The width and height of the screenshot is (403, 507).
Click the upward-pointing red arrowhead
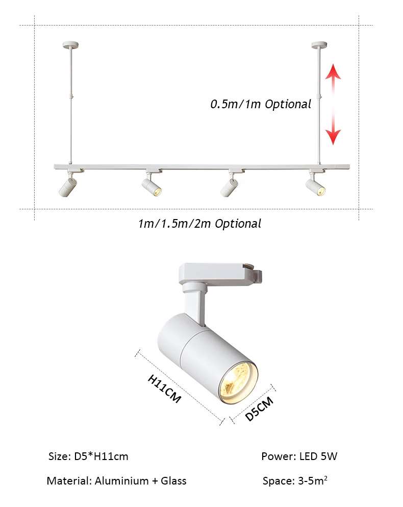333,71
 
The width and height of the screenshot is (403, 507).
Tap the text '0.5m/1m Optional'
261,104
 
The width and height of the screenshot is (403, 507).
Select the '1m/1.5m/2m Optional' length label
199,224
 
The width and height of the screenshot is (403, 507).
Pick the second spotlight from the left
151,185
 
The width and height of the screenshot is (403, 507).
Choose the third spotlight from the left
229,186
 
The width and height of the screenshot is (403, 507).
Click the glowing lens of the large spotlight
238,382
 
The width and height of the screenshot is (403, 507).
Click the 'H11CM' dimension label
164,389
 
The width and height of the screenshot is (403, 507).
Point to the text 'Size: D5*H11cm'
88,456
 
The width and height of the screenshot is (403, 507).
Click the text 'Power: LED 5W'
299,456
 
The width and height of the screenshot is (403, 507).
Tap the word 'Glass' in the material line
173,481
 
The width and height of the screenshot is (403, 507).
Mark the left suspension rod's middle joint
71,96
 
